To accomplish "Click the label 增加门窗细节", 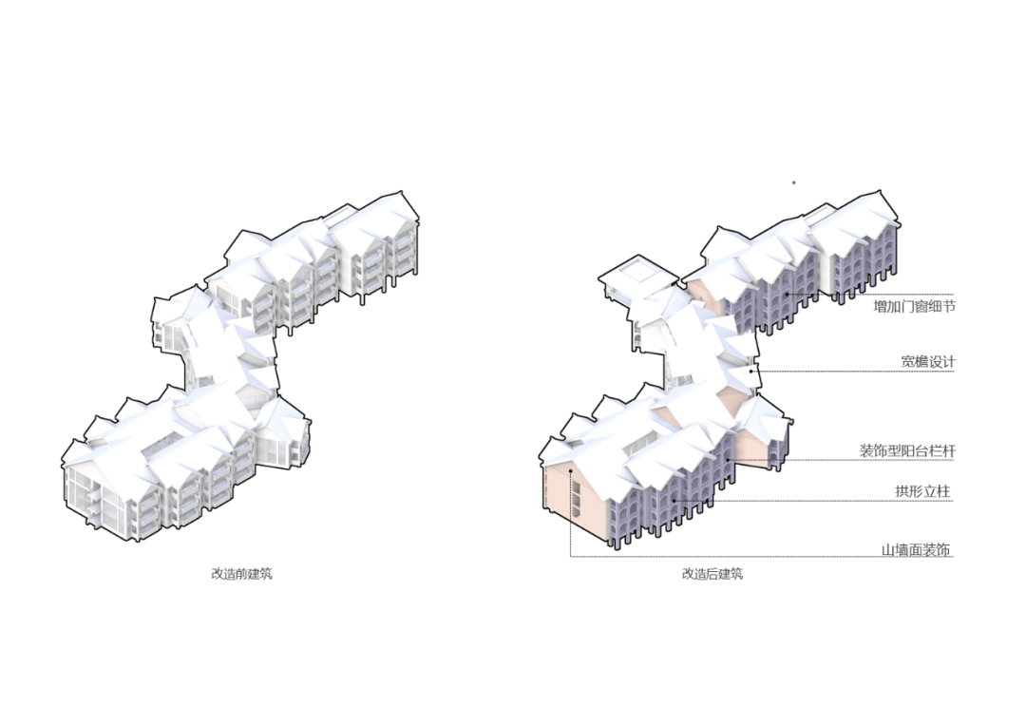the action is (914, 306).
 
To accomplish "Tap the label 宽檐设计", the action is (928, 361).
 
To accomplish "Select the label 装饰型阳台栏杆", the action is (907, 450).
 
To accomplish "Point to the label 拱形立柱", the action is (922, 491).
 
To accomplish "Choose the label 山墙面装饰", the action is (916, 550).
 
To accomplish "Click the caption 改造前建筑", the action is (241, 573).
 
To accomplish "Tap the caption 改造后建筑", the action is (712, 573).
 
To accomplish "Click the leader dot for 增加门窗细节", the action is (788, 295).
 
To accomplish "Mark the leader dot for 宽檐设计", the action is (751, 372).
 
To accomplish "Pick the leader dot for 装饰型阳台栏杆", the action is (727, 460).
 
